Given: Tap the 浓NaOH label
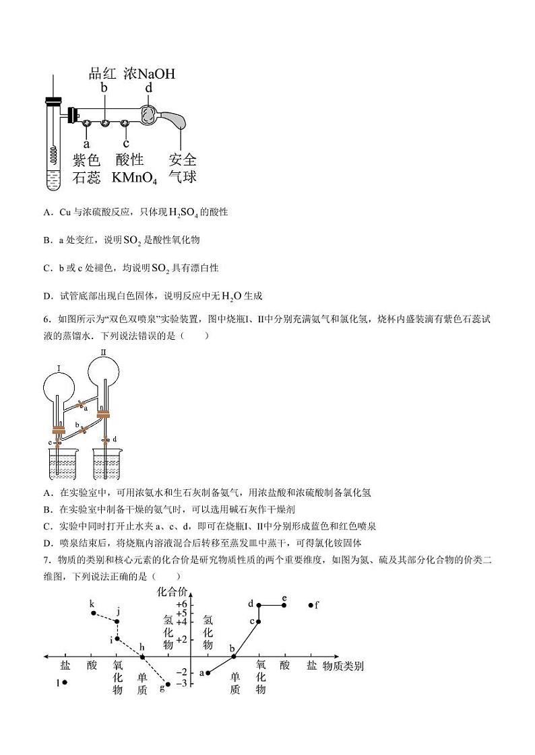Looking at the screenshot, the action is [x=150, y=73].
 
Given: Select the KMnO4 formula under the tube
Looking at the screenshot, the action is [x=134, y=178].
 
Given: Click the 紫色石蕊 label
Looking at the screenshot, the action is [x=86, y=169].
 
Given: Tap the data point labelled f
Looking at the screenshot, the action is [x=311, y=605].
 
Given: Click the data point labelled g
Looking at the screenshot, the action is [x=167, y=684].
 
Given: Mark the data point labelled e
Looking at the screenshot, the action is [x=284, y=605].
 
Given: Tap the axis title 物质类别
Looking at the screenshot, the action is [x=343, y=666].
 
